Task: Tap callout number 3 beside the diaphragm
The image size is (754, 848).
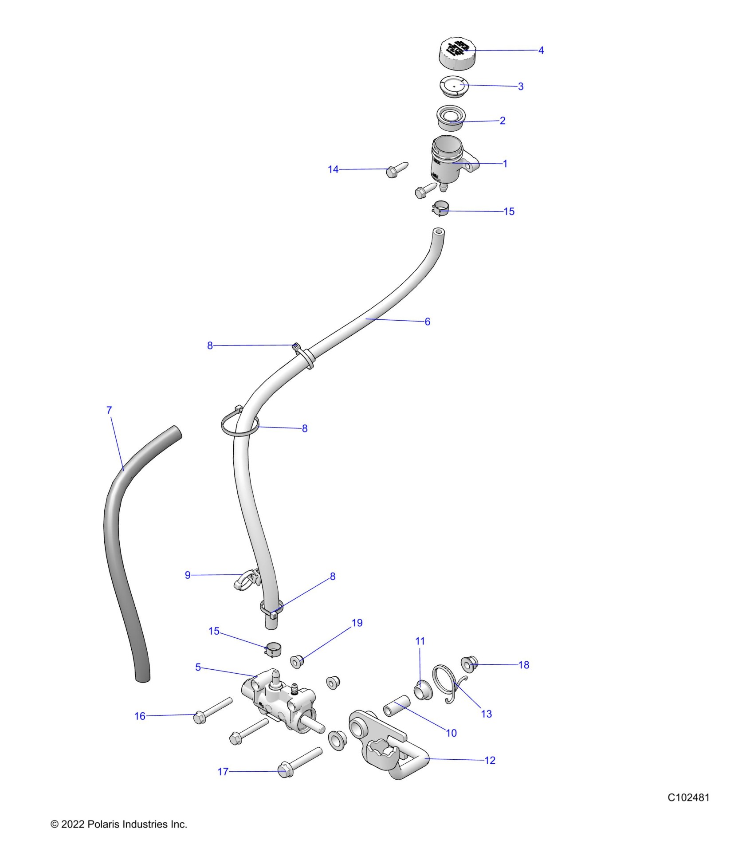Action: pos(521,86)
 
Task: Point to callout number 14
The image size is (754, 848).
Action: pos(333,169)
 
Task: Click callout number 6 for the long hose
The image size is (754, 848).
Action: pos(427,322)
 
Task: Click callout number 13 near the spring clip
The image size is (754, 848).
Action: pos(486,714)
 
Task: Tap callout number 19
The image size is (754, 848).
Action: pos(357,623)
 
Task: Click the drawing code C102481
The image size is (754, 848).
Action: pos(688,797)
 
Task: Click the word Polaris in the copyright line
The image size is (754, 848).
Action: pos(103,824)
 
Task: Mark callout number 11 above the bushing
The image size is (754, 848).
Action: pos(420,641)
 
